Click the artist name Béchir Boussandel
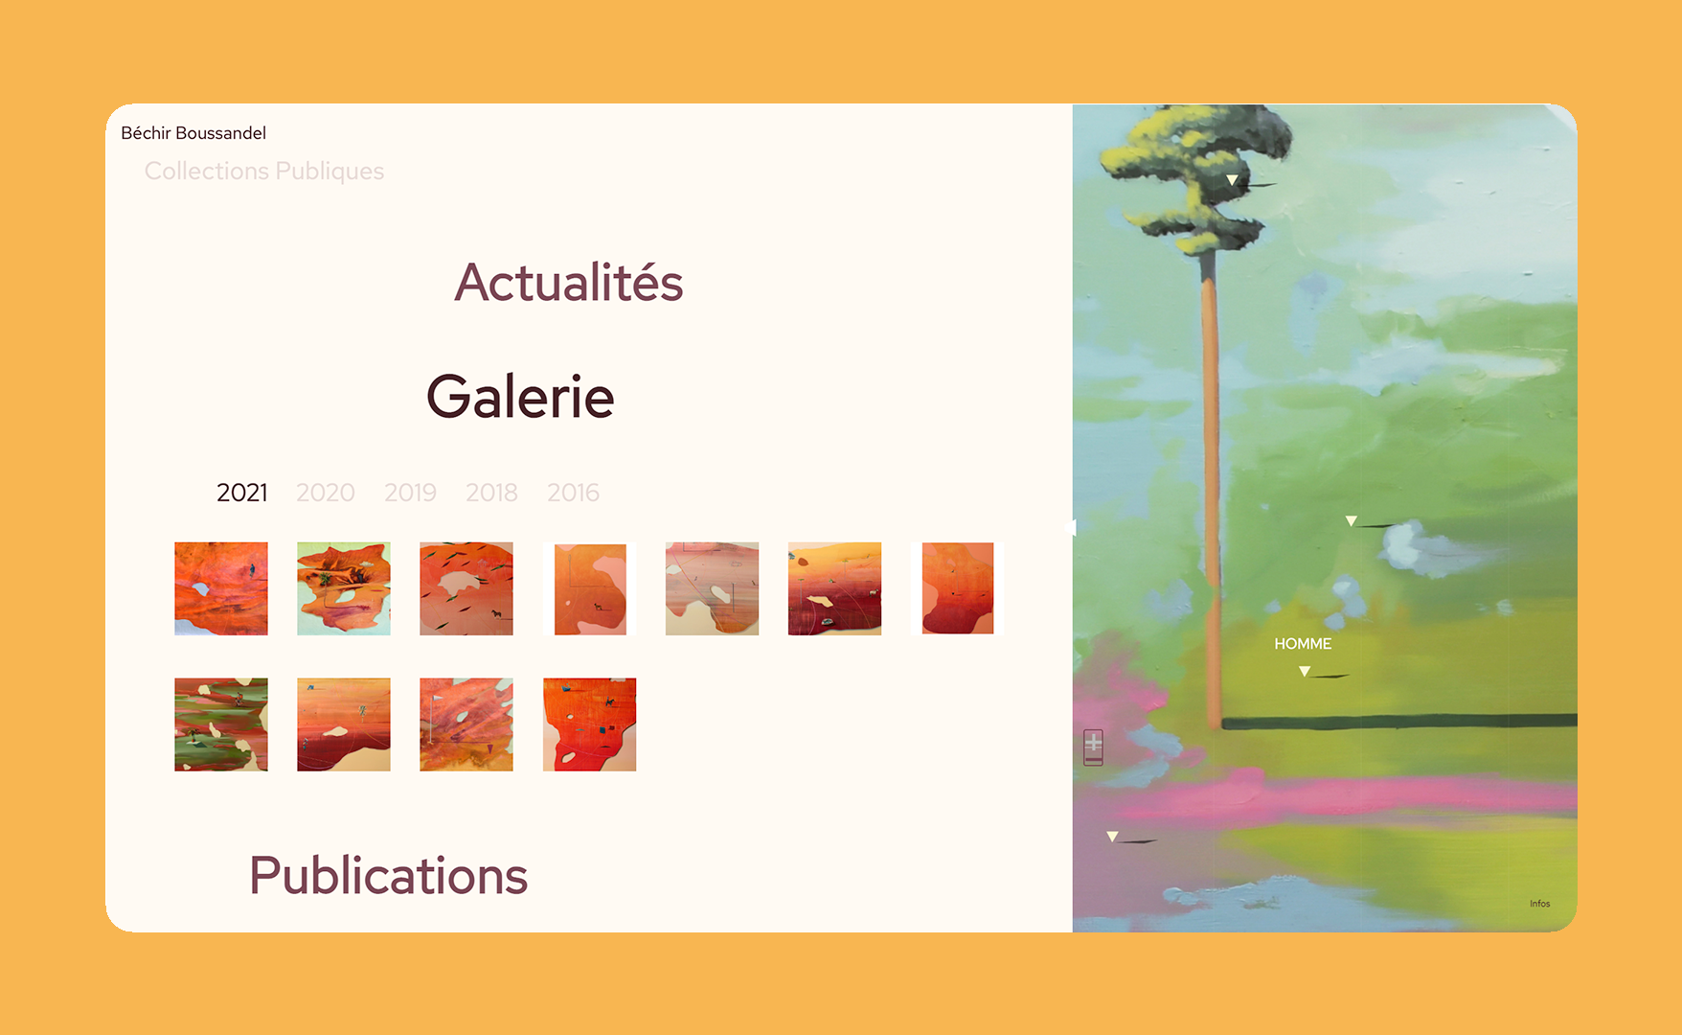coord(193,133)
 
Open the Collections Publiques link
coord(264,171)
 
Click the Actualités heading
coord(569,282)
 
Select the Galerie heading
coord(520,397)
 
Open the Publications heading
coord(389,876)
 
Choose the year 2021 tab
coord(242,493)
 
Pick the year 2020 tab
coord(326,493)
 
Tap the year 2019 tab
coord(410,493)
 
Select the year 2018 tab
coord(491,493)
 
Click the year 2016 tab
coord(573,493)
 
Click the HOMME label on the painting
coord(1303,644)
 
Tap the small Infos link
coord(1539,904)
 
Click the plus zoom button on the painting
coord(1093,743)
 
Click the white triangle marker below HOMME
coord(1305,671)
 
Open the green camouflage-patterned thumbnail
coord(221,724)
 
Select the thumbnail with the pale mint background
coord(344,588)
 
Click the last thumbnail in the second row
coord(589,724)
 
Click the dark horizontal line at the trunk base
coord(1399,721)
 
